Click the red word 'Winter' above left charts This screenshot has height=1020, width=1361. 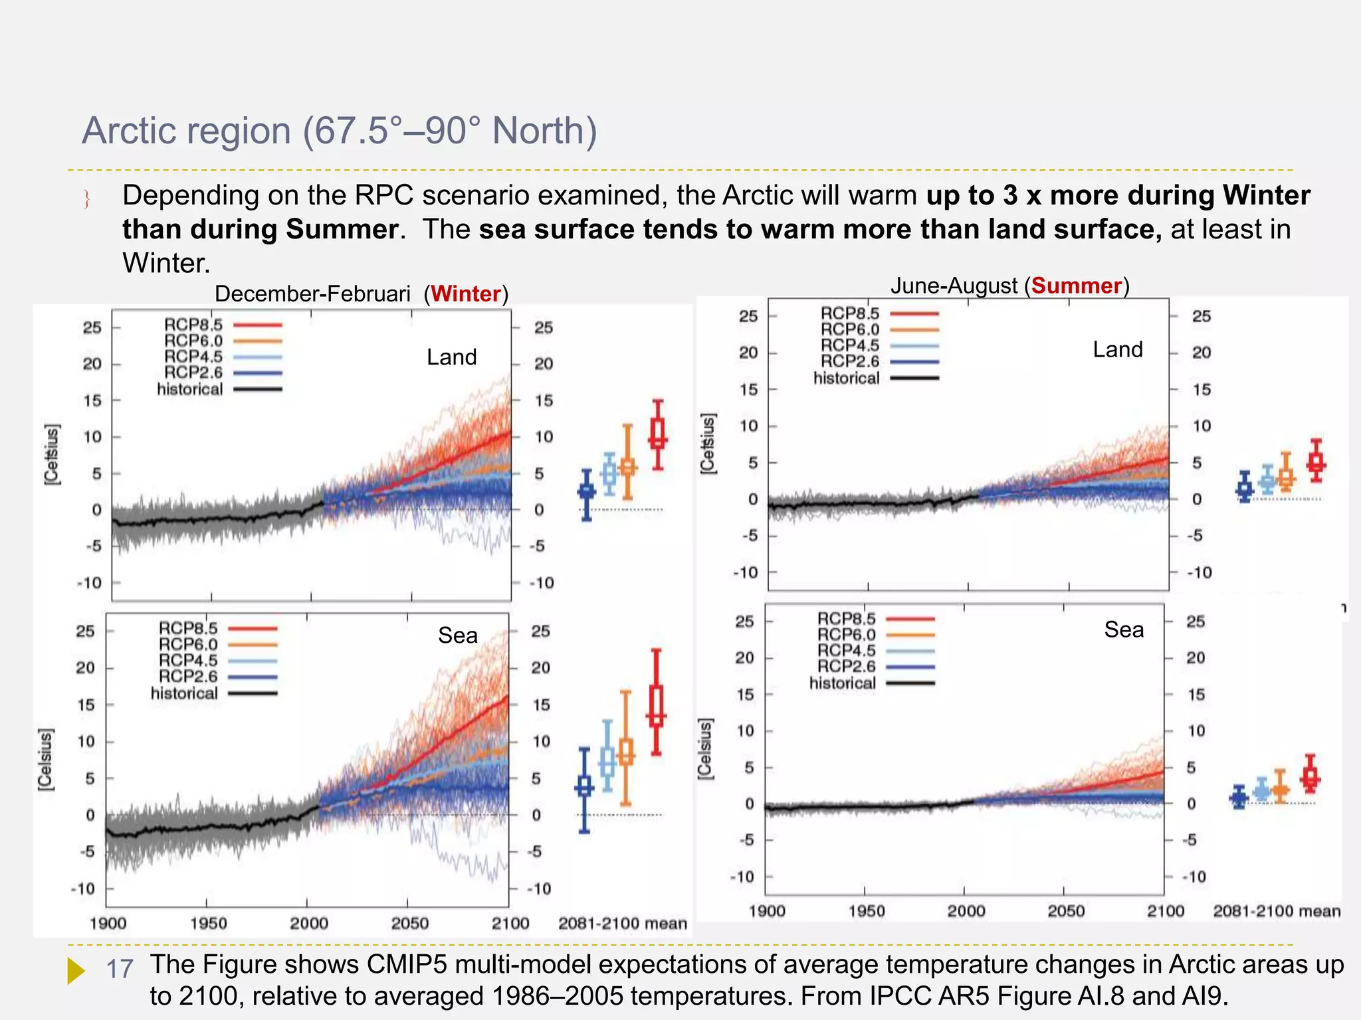(465, 294)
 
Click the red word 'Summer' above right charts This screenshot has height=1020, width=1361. (1076, 286)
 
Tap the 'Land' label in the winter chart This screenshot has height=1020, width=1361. (451, 357)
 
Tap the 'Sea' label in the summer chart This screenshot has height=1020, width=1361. (1124, 629)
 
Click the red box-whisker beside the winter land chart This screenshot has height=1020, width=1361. (657, 435)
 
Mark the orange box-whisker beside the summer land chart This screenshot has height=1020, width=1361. (1286, 473)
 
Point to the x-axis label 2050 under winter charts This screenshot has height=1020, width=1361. (409, 923)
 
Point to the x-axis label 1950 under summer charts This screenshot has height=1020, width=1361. (866, 911)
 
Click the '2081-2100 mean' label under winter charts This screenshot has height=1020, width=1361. (622, 923)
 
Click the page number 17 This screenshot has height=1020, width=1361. (120, 969)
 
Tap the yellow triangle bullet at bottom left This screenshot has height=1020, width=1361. (76, 970)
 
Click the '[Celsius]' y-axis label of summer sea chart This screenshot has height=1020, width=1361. (704, 748)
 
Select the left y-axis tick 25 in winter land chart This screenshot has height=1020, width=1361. (92, 327)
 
